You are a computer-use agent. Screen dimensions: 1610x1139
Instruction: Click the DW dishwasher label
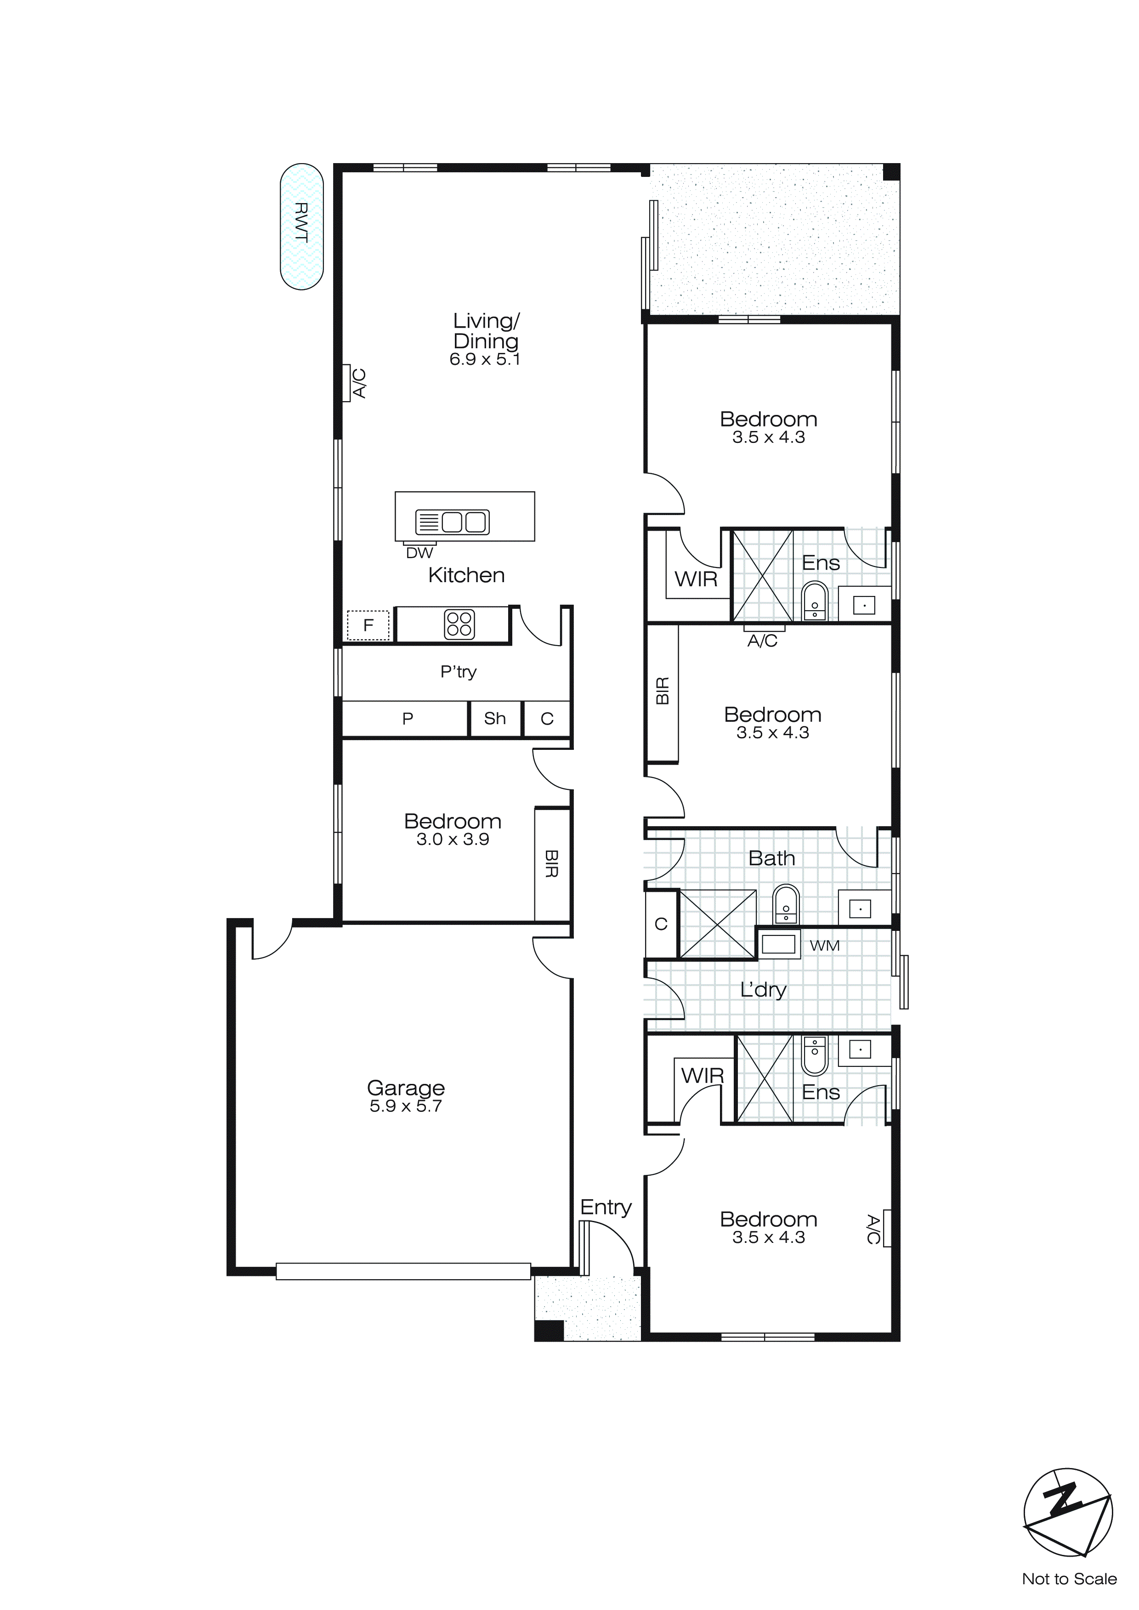coord(419,553)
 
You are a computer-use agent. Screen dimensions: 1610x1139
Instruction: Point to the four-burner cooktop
coord(459,624)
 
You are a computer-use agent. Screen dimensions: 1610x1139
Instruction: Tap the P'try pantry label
coord(458,672)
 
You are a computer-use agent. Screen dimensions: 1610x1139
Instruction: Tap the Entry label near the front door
coord(606,1207)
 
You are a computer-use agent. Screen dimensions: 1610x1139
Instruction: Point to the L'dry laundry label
coord(763,989)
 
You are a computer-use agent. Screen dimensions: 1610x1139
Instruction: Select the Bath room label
coord(771,858)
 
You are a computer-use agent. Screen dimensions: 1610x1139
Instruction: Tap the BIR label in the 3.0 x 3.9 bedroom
coord(551,864)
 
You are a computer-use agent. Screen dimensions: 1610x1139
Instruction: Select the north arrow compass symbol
coord(1067,1511)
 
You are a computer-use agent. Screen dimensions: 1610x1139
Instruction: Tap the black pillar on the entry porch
coord(549,1330)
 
